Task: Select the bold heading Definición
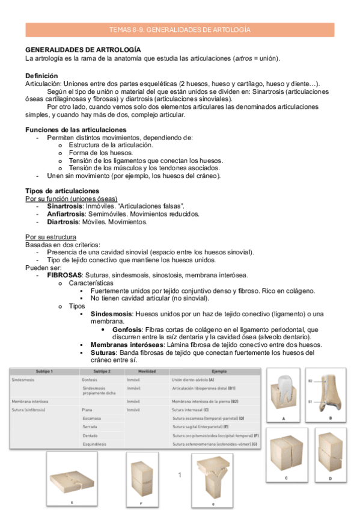(41, 76)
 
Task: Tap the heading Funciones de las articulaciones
(76, 130)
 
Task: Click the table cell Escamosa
(92, 418)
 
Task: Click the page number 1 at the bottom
(179, 475)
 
